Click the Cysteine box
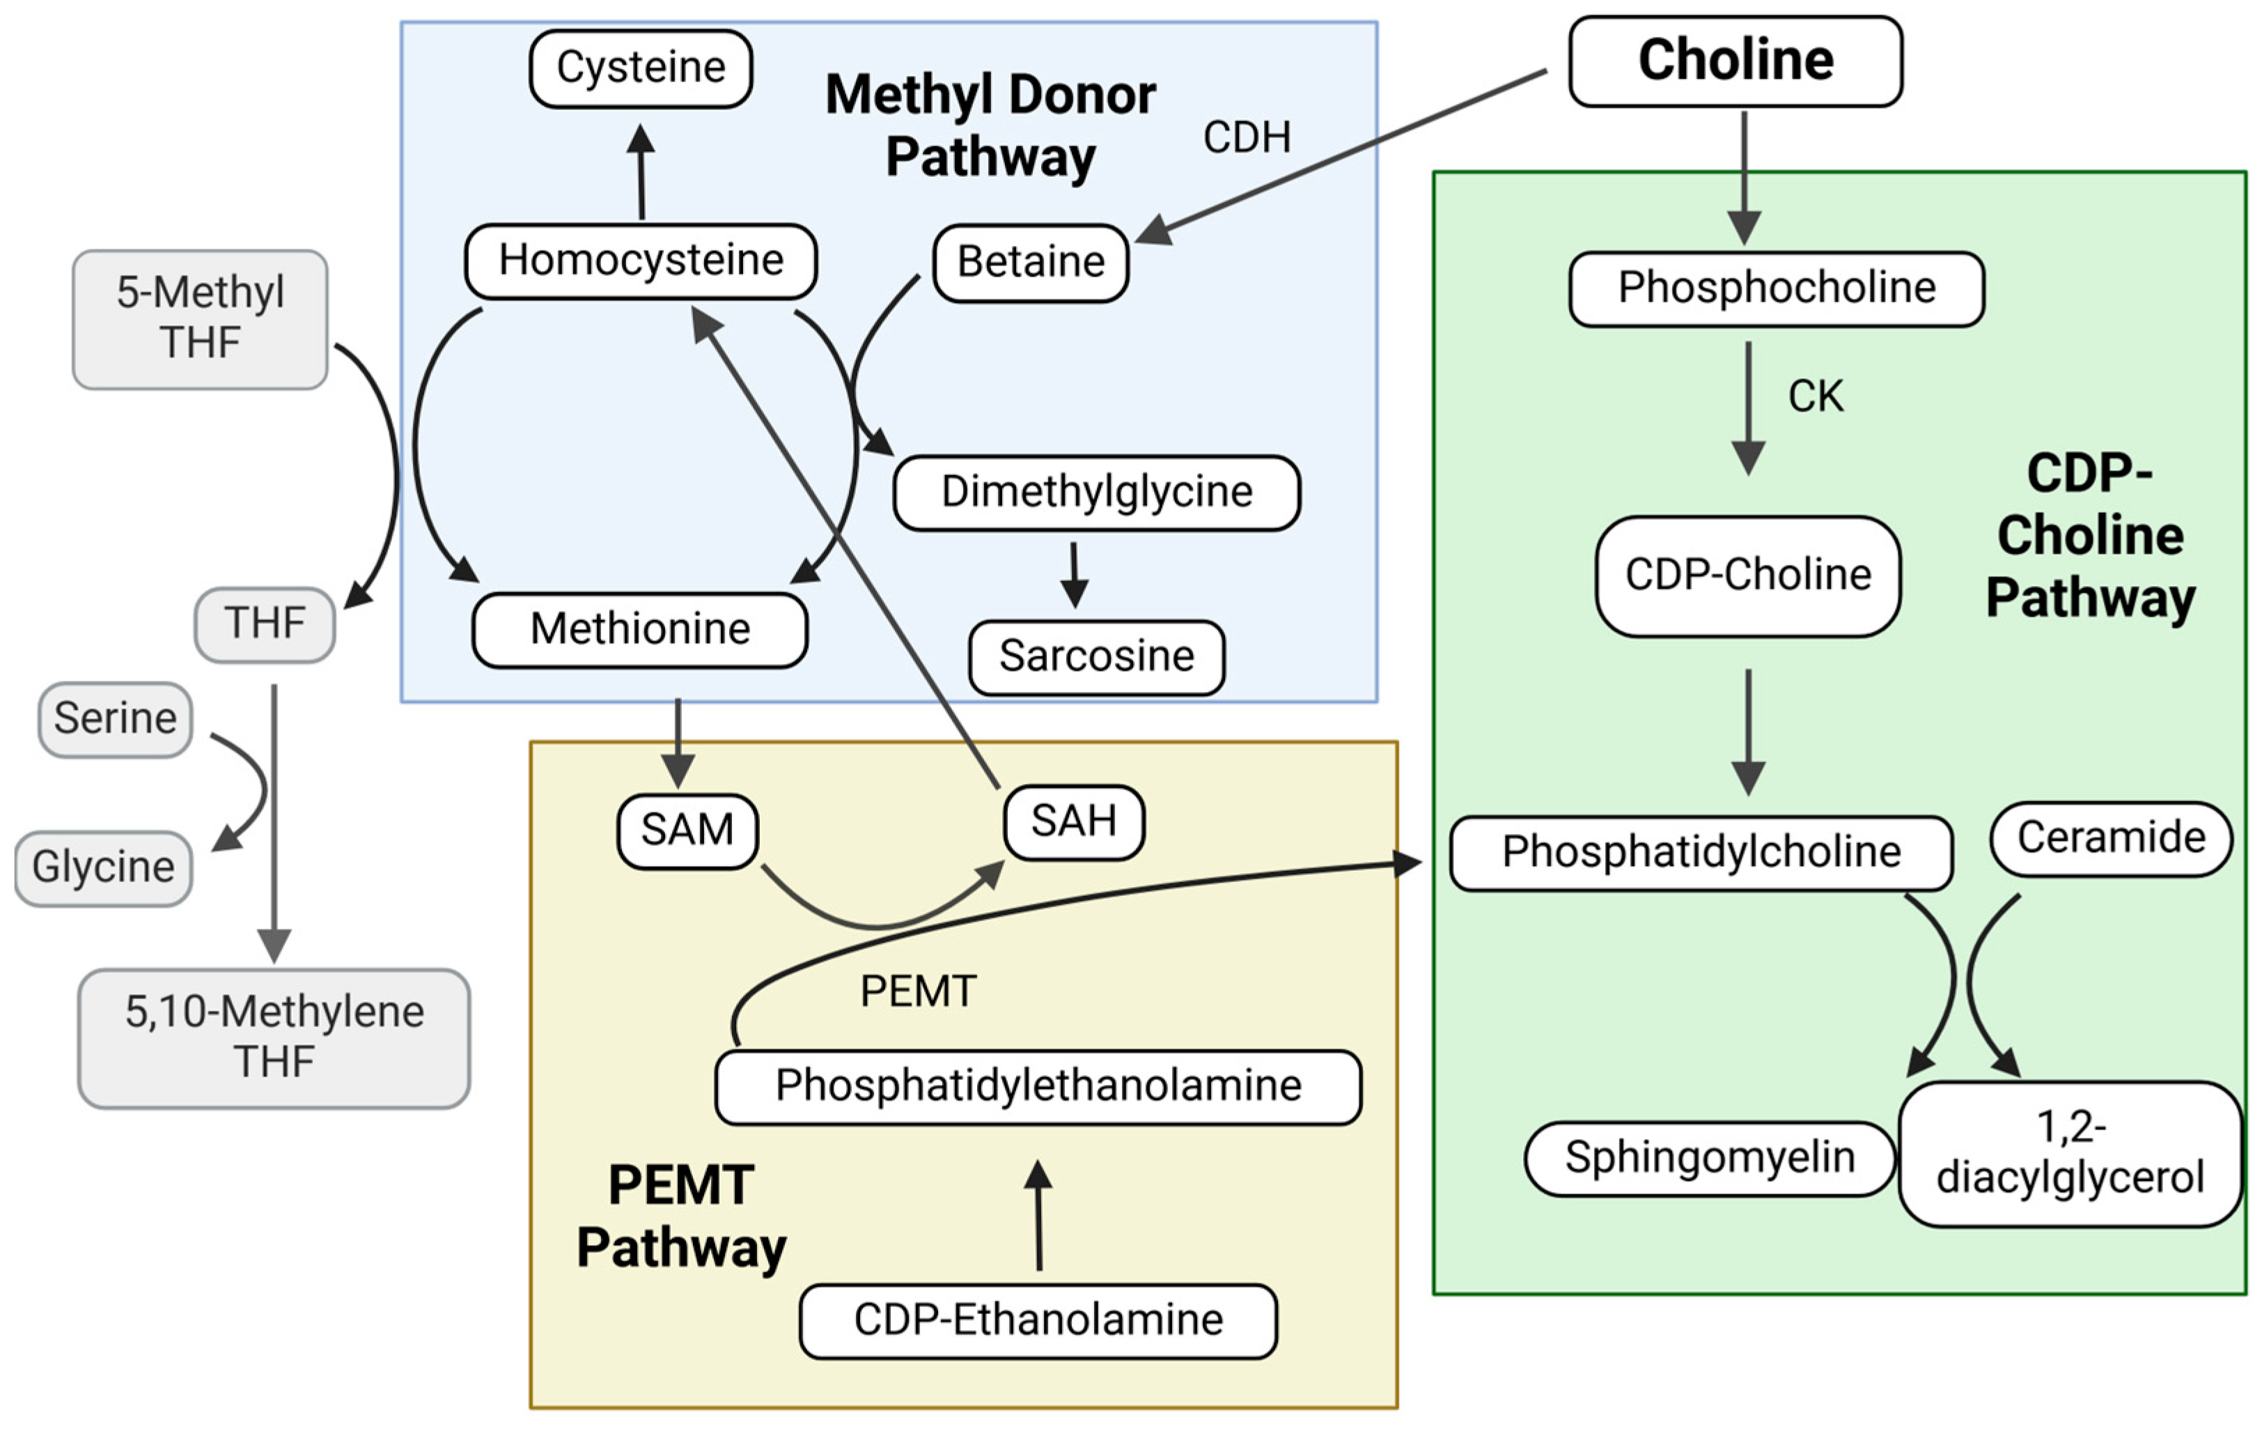click(x=641, y=68)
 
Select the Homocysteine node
click(x=641, y=261)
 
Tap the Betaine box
click(x=1031, y=262)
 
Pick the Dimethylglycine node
click(x=1096, y=493)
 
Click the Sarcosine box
click(x=1096, y=657)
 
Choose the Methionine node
click(x=640, y=629)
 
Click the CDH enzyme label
click(x=1247, y=138)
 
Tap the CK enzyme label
click(x=1815, y=396)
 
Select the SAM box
click(x=687, y=831)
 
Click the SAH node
click(x=1074, y=822)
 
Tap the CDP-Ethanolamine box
click(x=1038, y=1320)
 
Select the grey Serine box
click(x=115, y=720)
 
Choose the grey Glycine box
click(x=103, y=868)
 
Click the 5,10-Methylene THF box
click(x=274, y=1038)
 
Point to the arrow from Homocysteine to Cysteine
click(x=641, y=173)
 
